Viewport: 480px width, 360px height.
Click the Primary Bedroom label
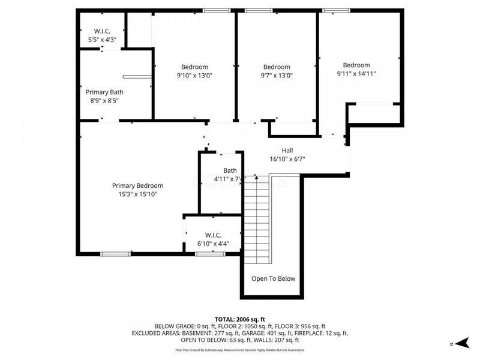137,185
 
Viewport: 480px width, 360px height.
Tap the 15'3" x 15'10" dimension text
137,194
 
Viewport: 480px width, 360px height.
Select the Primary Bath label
104,92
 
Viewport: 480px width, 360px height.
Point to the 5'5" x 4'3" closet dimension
101,40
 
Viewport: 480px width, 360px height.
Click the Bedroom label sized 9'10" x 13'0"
194,67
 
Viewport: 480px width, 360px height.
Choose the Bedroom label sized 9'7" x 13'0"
277,67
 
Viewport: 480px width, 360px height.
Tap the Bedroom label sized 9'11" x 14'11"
356,65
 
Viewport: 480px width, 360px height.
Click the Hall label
287,151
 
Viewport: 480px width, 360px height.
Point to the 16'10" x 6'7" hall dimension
287,159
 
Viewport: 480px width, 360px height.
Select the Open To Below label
273,278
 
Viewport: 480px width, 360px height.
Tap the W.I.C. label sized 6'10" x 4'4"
214,235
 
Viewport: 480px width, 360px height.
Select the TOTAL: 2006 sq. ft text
240,319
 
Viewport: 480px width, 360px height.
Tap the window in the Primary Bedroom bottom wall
115,254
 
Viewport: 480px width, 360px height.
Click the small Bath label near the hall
230,170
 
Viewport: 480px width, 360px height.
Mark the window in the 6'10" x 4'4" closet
210,254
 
